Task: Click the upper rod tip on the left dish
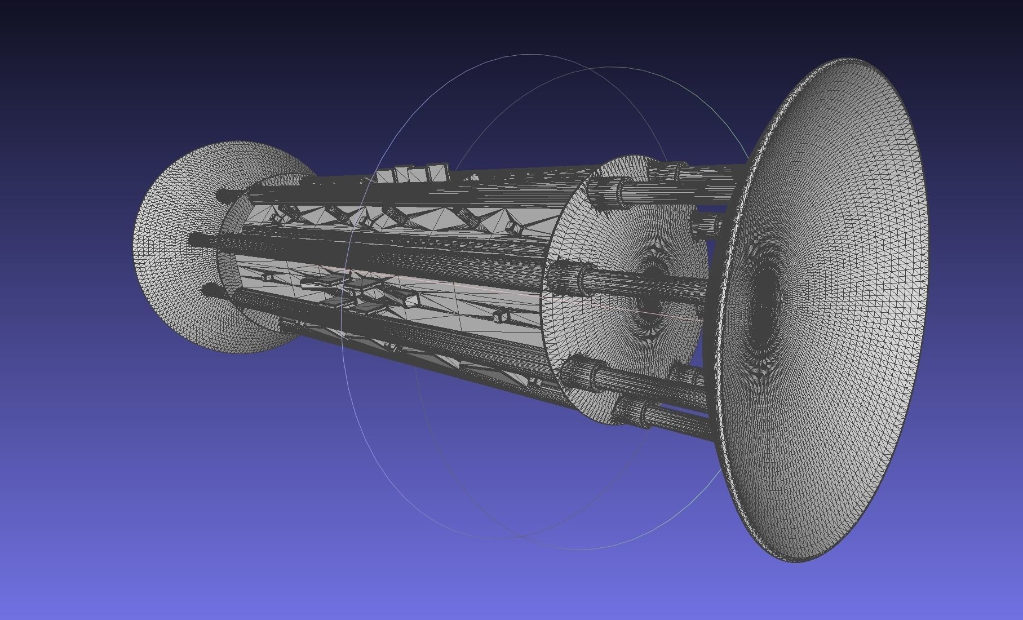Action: tap(223, 196)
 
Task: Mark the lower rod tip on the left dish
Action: tap(210, 291)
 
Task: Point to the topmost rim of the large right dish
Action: tap(851, 59)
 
